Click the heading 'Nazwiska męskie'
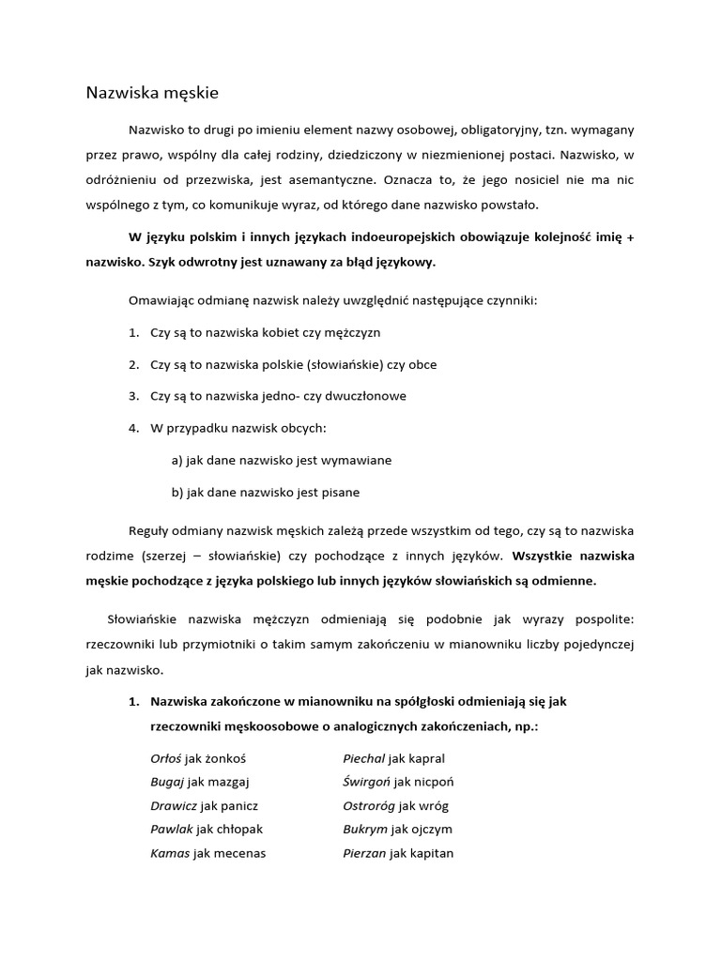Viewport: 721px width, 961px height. coord(151,92)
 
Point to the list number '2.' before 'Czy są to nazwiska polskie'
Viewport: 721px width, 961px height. coord(133,364)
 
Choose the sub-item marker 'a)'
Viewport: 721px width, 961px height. coord(177,460)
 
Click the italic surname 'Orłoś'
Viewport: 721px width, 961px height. coord(166,757)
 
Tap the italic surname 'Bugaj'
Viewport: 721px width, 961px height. coord(166,781)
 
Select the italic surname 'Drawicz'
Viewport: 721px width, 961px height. coord(172,805)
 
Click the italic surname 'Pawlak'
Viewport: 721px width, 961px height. coord(171,829)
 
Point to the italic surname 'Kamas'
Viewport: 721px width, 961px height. coord(170,853)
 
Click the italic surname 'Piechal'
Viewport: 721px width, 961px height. coord(363,757)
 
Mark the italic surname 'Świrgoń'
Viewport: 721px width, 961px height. coord(367,781)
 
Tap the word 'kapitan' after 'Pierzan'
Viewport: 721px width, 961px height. coord(432,853)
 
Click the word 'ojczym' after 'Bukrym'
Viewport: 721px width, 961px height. coord(431,829)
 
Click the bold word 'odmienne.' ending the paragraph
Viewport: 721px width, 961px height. coord(562,580)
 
